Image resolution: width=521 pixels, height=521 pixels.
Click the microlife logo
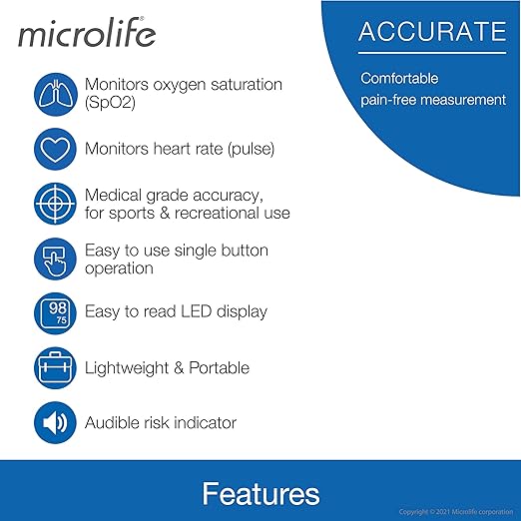point(86,35)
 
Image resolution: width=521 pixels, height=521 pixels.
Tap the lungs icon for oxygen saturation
point(56,95)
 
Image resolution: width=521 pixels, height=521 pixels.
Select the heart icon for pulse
point(56,150)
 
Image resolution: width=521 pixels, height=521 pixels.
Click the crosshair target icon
point(56,204)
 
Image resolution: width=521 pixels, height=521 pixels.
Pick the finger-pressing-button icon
point(56,259)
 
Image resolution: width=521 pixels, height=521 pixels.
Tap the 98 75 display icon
point(56,312)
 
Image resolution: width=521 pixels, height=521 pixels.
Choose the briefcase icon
point(56,367)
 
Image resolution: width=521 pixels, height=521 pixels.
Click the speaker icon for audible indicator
point(56,422)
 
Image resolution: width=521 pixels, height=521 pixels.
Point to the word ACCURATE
point(432,32)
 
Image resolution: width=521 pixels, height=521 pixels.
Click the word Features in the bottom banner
point(260,493)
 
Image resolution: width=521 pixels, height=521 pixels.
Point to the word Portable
point(219,367)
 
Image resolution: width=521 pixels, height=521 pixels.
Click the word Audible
point(115,422)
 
